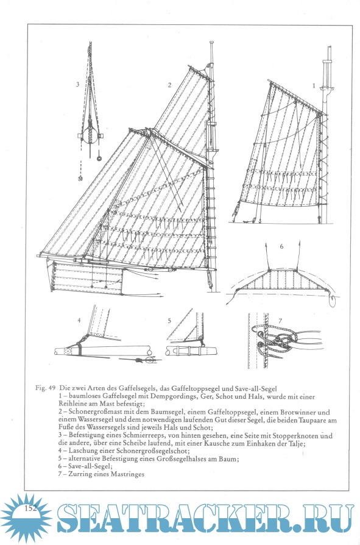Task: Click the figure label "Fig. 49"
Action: (46, 388)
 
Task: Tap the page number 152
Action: (30, 508)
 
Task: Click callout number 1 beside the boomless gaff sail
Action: (314, 85)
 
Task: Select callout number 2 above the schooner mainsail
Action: (169, 85)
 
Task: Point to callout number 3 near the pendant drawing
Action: (78, 84)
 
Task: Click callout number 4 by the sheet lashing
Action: (79, 320)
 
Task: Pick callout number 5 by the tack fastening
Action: (169, 321)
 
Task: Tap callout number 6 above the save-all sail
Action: (281, 246)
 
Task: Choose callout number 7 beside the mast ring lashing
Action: (280, 321)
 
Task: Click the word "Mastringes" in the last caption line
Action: (127, 474)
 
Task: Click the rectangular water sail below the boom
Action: (87, 276)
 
